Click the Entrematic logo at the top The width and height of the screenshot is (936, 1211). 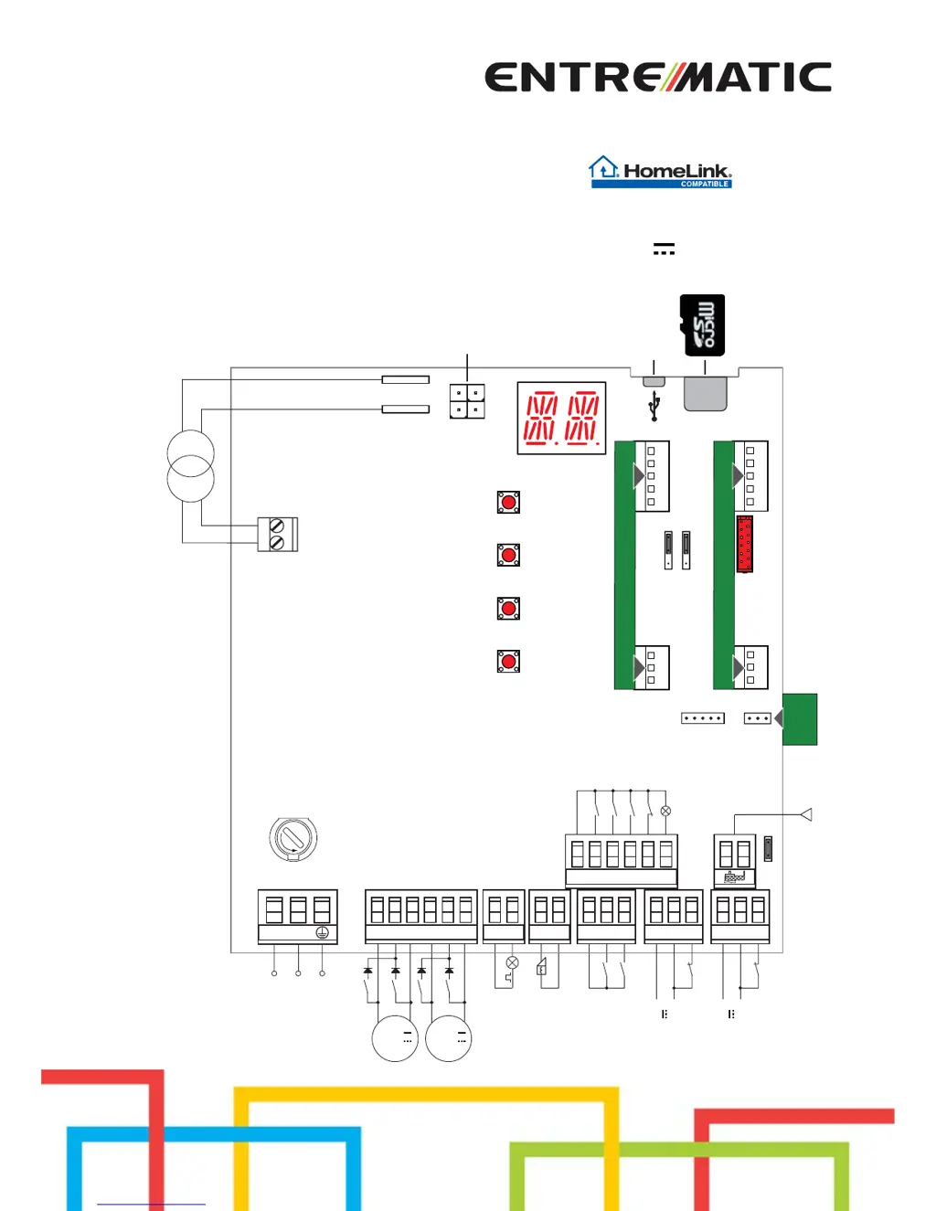[x=657, y=78]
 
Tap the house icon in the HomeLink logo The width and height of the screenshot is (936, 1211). [x=603, y=167]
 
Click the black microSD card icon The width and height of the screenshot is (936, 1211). [x=703, y=325]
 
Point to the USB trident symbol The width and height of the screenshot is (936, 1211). [x=654, y=407]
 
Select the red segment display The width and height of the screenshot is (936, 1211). [x=561, y=419]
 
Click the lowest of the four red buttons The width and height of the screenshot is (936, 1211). [x=508, y=661]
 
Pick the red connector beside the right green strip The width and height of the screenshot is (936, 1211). [x=745, y=544]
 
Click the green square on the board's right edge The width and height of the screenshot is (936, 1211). [x=800, y=719]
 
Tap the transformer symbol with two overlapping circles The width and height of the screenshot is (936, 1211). [x=190, y=466]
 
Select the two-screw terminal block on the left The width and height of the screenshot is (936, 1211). [x=277, y=535]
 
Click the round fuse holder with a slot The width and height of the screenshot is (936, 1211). [x=293, y=838]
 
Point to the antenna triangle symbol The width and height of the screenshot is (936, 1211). [x=806, y=814]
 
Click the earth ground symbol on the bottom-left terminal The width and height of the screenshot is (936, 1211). [x=322, y=933]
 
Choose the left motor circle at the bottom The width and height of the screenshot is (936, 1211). [x=395, y=1038]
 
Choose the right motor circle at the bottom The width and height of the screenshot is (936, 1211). [x=449, y=1038]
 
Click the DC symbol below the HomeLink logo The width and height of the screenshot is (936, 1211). [x=665, y=249]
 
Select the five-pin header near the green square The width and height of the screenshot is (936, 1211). [x=703, y=718]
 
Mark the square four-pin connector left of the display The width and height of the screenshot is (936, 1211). [x=467, y=401]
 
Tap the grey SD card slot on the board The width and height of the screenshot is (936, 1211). [x=705, y=394]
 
